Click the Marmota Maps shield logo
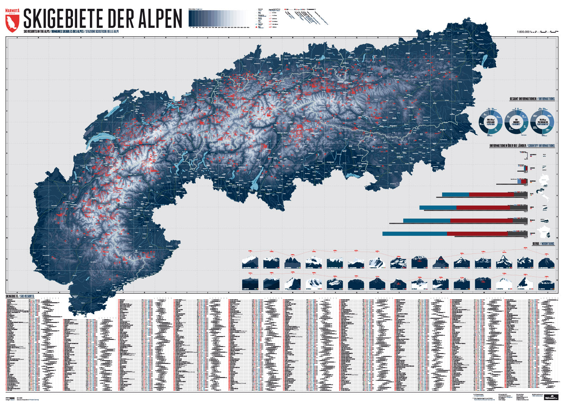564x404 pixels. pos(12,21)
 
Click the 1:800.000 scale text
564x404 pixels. pos(523,32)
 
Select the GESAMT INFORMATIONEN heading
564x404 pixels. pos(523,99)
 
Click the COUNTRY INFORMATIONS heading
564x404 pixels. pos(541,146)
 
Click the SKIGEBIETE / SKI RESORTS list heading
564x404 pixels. pos(20,296)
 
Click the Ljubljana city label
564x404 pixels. pos(399,157)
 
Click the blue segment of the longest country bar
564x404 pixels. pos(414,233)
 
